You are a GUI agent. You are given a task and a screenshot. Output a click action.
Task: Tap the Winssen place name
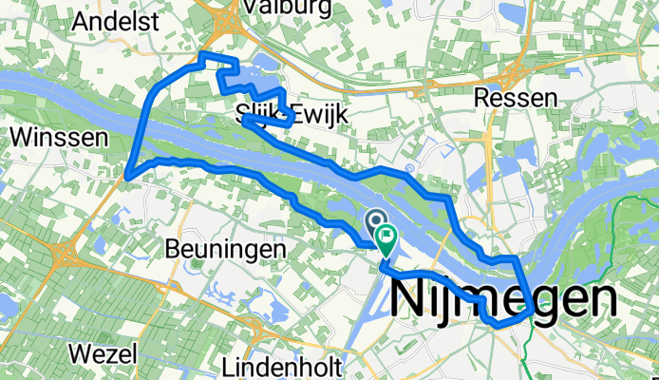pyautogui.click(x=56, y=138)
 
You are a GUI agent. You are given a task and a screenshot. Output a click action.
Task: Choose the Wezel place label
pyautogui.click(x=103, y=353)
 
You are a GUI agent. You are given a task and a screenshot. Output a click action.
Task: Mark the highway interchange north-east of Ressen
pyautogui.click(x=520, y=69)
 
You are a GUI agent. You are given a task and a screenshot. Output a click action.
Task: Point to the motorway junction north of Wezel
pyautogui.click(x=69, y=255)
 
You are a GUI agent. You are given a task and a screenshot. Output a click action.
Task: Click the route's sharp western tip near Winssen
pyautogui.click(x=127, y=176)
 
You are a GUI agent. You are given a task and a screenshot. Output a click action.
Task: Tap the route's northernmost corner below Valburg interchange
pyautogui.click(x=202, y=55)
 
